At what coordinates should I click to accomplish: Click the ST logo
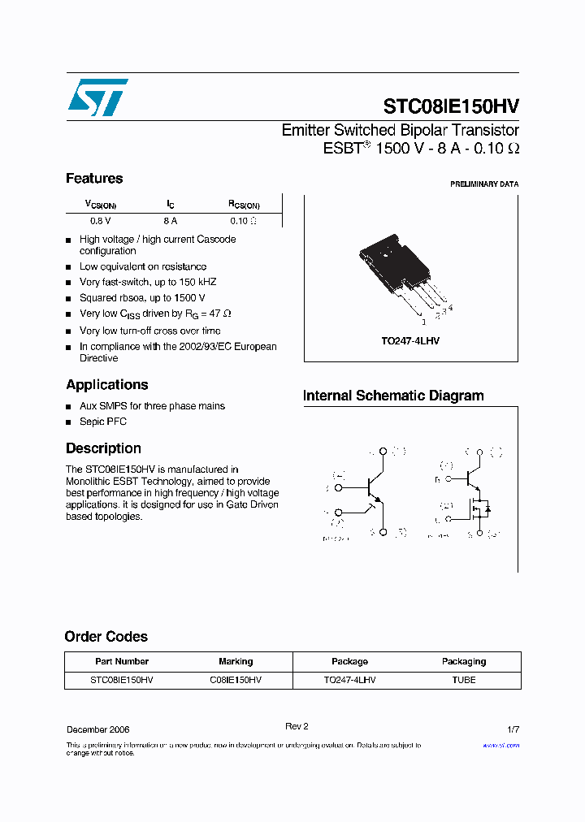[x=97, y=97]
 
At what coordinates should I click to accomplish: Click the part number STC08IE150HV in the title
[x=451, y=106]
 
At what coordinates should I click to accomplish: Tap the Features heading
[x=94, y=179]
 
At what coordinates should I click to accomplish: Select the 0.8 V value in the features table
[x=101, y=221]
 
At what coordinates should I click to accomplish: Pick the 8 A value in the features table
[x=170, y=221]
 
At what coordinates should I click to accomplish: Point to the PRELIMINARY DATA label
[x=484, y=184]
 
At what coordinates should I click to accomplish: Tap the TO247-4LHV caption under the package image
[x=410, y=341]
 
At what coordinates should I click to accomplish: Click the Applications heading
[x=107, y=385]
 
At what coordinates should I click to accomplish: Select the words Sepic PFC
[x=103, y=422]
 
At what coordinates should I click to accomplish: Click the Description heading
[x=103, y=448]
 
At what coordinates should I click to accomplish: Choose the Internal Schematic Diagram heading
[x=393, y=396]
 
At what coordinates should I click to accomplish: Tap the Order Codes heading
[x=106, y=637]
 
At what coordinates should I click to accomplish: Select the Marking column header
[x=236, y=661]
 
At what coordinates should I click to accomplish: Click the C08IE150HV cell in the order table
[x=236, y=680]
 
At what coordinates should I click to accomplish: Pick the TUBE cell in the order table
[x=464, y=680]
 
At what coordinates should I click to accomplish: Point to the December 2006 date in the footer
[x=97, y=729]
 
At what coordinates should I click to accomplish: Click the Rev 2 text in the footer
[x=297, y=726]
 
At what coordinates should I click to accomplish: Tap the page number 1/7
[x=513, y=729]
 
